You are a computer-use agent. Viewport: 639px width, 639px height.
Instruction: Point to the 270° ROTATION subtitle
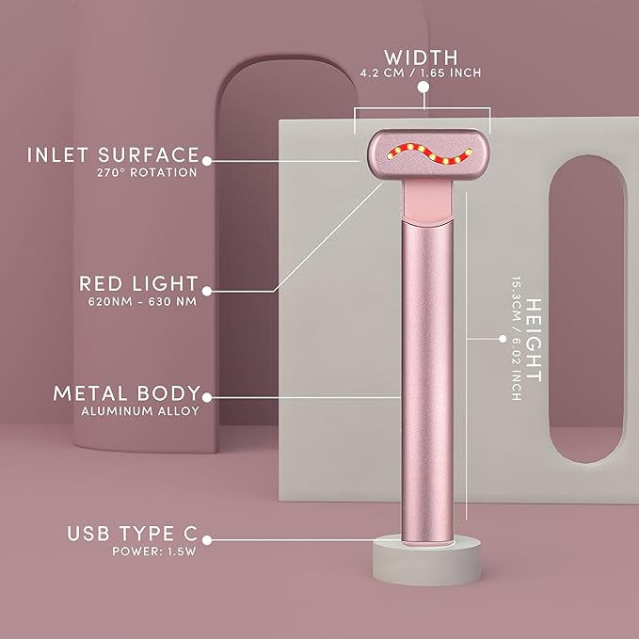tap(146, 173)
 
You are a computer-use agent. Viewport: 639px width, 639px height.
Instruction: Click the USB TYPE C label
tap(133, 534)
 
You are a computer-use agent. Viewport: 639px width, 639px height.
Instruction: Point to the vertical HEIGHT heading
tap(534, 340)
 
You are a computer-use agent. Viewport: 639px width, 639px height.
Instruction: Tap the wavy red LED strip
tap(423, 159)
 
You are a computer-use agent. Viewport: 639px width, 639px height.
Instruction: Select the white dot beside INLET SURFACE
tap(207, 161)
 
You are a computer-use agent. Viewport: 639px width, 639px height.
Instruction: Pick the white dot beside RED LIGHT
tap(207, 290)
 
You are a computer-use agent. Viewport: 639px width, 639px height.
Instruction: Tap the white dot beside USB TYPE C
tap(207, 540)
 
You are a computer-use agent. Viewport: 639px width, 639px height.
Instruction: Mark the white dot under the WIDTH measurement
tap(423, 87)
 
